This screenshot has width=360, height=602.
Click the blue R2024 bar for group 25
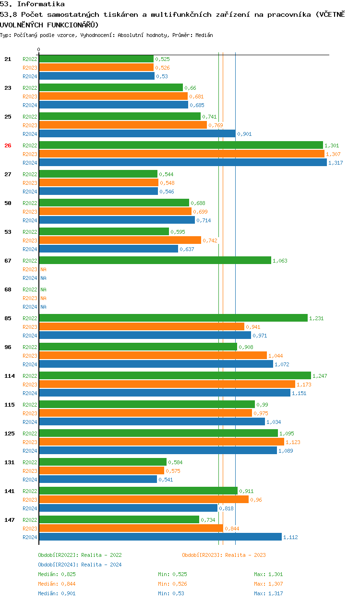137,133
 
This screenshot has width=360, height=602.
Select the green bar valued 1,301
181,145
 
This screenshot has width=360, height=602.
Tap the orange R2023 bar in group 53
120,240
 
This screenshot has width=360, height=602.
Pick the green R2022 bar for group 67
155,260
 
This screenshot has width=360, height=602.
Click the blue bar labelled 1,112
160,537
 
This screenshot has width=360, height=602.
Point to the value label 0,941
253,327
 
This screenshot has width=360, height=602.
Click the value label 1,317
336,163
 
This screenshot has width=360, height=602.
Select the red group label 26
8,145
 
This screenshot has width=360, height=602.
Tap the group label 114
10,376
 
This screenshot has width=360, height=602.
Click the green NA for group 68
43,289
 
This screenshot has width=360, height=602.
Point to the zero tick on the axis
39,49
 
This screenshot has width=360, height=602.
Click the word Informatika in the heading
41,4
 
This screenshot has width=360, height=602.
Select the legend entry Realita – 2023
245,555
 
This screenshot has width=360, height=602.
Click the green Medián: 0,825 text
57,574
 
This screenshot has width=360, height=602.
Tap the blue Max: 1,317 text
268,593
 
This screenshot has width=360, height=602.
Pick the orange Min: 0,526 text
172,584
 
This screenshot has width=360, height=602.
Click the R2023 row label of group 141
30,500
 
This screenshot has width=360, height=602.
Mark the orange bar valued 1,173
167,385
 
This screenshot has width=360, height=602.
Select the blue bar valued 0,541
98,479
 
